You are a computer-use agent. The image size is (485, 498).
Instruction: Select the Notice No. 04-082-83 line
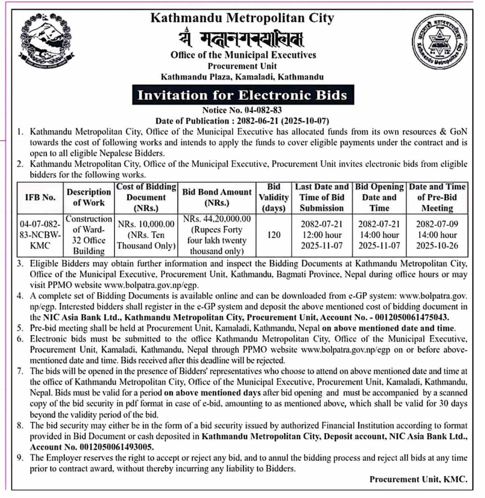click(242, 110)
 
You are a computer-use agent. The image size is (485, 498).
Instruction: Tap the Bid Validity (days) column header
click(274, 197)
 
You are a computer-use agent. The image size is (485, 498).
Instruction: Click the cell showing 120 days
click(274, 235)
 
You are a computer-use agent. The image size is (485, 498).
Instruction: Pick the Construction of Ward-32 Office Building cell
click(89, 235)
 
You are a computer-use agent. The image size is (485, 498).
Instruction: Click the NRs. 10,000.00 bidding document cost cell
click(146, 235)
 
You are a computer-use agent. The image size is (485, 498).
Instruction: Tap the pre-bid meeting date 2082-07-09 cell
click(437, 235)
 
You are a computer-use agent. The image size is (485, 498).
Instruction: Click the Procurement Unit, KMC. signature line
click(418, 479)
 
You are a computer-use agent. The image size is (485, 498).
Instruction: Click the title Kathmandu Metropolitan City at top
click(242, 18)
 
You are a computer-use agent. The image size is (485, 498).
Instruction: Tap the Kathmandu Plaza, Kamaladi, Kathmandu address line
click(242, 77)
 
